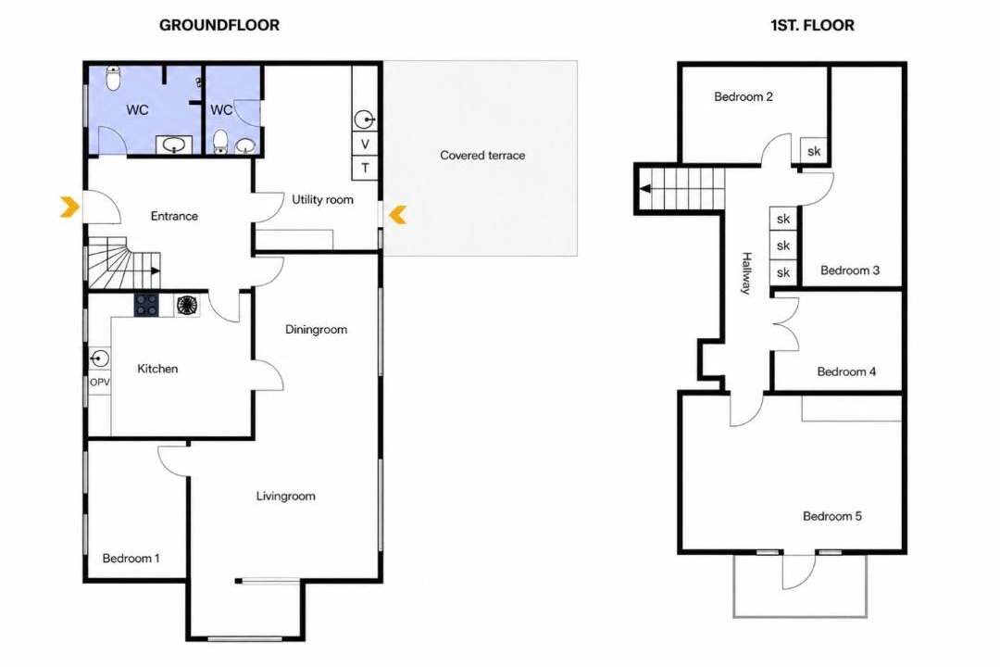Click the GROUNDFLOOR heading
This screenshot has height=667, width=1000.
219,25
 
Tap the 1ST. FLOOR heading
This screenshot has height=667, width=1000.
812,25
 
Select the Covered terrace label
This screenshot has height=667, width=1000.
482,155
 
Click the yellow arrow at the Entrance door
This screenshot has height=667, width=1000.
69,207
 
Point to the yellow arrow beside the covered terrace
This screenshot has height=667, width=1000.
398,215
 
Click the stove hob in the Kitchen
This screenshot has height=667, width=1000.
146,305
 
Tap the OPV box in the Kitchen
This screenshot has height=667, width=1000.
99,383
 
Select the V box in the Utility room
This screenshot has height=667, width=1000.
365,144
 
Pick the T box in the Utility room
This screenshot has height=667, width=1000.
365,168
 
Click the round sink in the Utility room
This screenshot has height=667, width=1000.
364,120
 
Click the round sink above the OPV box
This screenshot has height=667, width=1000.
99,359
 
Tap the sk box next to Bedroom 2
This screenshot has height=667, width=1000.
814,151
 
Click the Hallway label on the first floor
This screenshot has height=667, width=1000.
746,273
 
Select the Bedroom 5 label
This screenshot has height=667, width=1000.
831,516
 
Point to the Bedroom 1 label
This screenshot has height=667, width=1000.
131,558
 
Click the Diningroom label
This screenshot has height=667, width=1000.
316,330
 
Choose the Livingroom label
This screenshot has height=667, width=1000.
285,496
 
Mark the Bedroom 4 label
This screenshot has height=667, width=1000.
846,371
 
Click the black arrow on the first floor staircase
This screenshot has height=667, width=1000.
645,189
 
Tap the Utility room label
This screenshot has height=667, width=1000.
322,200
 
